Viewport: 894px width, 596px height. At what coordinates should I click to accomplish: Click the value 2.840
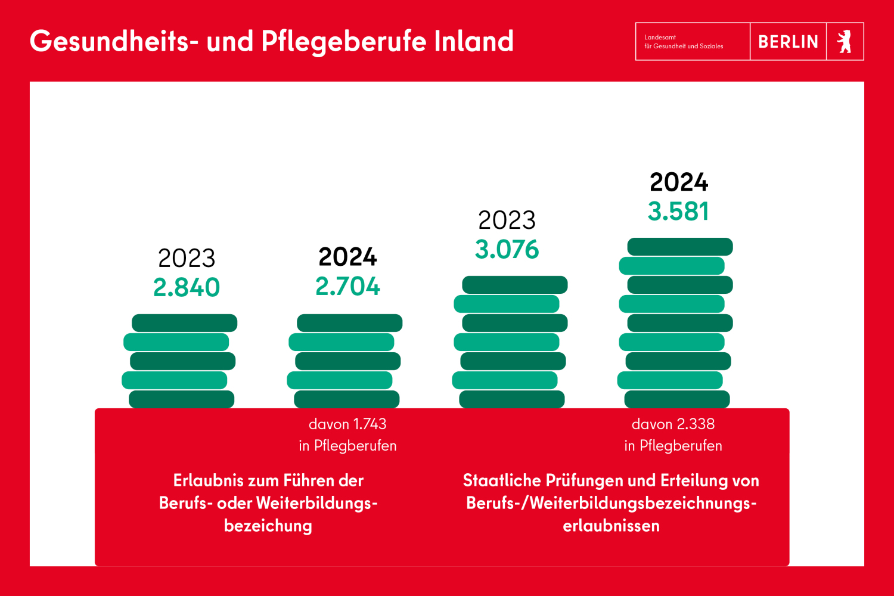[187, 288]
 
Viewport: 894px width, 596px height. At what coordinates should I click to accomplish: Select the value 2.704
[347, 287]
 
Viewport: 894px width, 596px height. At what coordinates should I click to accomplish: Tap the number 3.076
[507, 250]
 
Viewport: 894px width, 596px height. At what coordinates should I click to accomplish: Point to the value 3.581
[678, 212]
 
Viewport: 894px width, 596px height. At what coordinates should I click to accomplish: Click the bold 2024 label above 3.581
[679, 182]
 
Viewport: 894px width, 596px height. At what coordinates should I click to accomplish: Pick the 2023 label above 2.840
[187, 259]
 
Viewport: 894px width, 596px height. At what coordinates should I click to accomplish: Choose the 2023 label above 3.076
[507, 221]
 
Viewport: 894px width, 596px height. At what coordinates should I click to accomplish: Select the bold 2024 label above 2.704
[347, 257]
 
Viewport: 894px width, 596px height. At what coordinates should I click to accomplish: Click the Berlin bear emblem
[845, 42]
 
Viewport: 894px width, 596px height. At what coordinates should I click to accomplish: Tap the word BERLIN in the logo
[788, 42]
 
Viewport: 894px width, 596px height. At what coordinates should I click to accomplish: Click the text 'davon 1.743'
[347, 424]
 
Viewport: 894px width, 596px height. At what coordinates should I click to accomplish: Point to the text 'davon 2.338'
[673, 424]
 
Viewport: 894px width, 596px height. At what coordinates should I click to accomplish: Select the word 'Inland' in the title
[474, 42]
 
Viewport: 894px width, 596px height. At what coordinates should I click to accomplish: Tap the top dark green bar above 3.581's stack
[680, 247]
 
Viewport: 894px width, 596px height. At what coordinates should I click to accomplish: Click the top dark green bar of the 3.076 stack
[515, 285]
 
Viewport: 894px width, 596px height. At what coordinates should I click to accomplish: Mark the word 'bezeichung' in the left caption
[268, 526]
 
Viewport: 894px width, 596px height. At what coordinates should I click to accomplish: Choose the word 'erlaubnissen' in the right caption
[611, 526]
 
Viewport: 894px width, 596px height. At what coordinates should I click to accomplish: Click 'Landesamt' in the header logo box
[660, 37]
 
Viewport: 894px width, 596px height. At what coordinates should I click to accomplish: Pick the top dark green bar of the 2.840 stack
[185, 323]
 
